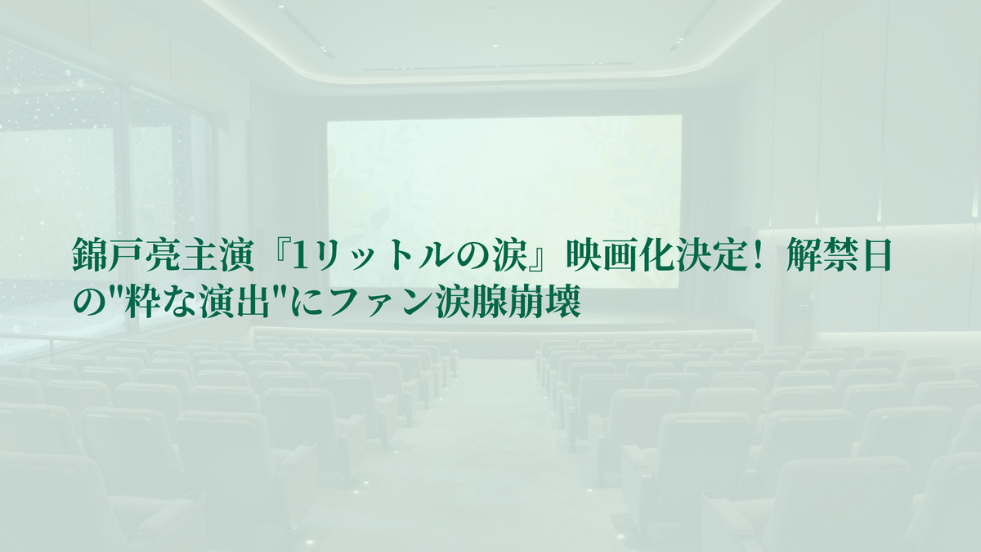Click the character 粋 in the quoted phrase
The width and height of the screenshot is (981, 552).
point(146,302)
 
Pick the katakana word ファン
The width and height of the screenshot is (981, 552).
point(382,303)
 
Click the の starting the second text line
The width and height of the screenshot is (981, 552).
point(89,303)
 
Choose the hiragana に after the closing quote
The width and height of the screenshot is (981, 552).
point(308,303)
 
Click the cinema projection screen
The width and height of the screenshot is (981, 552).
point(504,201)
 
